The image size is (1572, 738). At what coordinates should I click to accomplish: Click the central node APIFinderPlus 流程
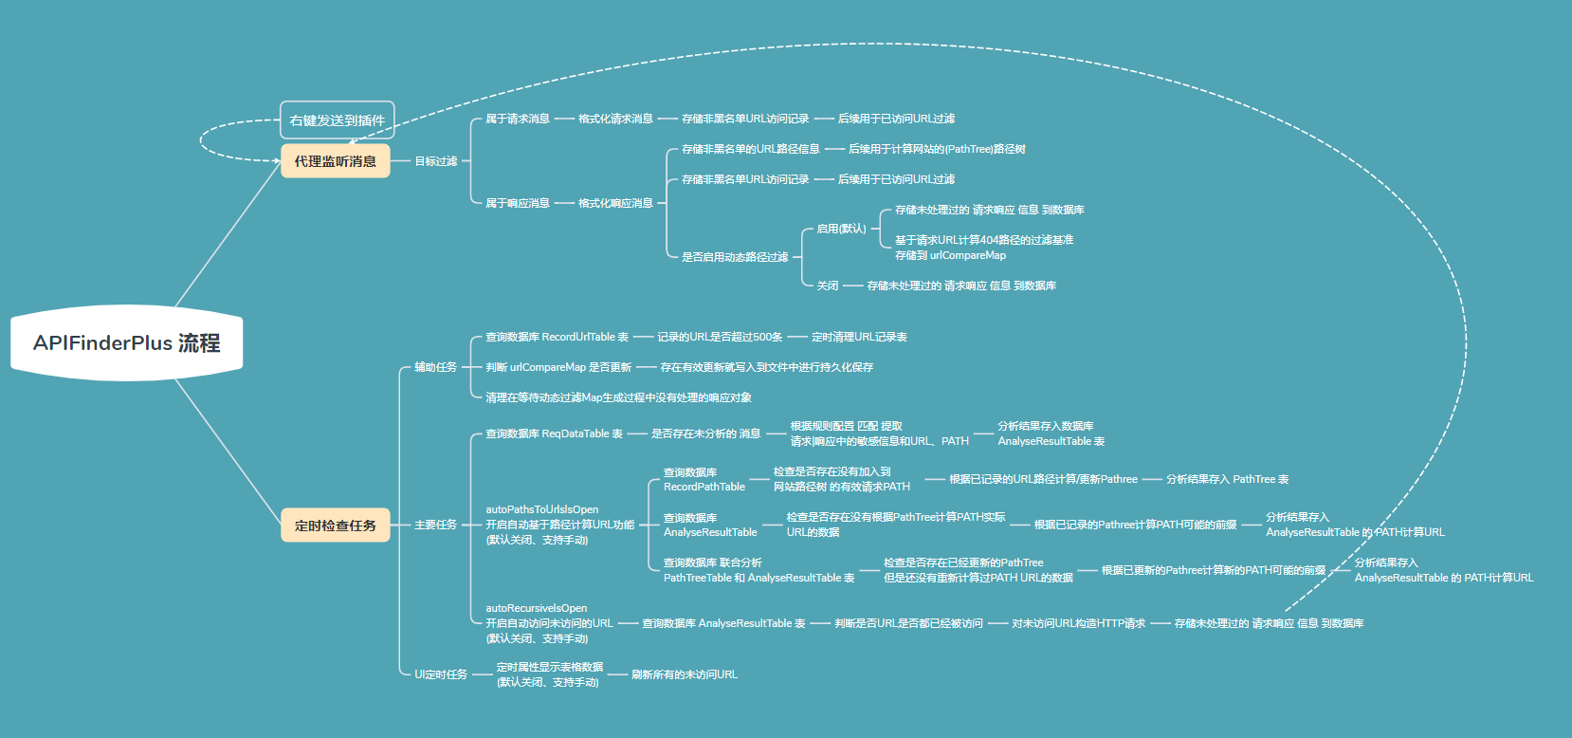pyautogui.click(x=126, y=343)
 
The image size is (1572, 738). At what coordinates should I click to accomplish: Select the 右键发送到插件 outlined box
pyautogui.click(x=337, y=120)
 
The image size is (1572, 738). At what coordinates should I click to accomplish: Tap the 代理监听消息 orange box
pyautogui.click(x=335, y=161)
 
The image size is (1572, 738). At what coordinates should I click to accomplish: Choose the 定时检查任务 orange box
pyautogui.click(x=335, y=525)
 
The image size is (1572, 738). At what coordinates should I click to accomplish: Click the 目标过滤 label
pyautogui.click(x=435, y=161)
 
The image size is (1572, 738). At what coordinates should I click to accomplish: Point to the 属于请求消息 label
pyautogui.click(x=517, y=119)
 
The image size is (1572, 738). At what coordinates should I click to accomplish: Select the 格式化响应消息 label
pyautogui.click(x=615, y=203)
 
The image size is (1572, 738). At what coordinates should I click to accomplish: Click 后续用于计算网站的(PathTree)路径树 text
pyautogui.click(x=936, y=149)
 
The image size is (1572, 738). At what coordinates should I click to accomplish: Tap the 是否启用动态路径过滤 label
pyautogui.click(x=734, y=257)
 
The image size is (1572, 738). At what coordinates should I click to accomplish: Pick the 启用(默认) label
pyautogui.click(x=841, y=229)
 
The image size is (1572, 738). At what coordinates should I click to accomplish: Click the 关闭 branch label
pyautogui.click(x=828, y=286)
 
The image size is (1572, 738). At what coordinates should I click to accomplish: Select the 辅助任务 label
pyautogui.click(x=435, y=367)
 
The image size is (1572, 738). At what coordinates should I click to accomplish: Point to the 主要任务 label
pyautogui.click(x=435, y=525)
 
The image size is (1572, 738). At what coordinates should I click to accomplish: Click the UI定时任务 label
pyautogui.click(x=441, y=674)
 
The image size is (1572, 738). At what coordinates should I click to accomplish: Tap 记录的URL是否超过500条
pyautogui.click(x=720, y=337)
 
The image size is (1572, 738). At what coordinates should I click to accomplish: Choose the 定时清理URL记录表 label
pyautogui.click(x=859, y=337)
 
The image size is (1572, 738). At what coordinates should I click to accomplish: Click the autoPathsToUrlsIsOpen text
pyautogui.click(x=542, y=509)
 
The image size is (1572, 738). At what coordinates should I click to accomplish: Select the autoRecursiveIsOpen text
pyautogui.click(x=537, y=608)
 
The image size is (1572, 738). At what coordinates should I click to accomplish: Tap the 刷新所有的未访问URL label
pyautogui.click(x=684, y=674)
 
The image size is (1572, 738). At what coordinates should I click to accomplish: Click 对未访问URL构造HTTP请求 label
pyautogui.click(x=1078, y=623)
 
